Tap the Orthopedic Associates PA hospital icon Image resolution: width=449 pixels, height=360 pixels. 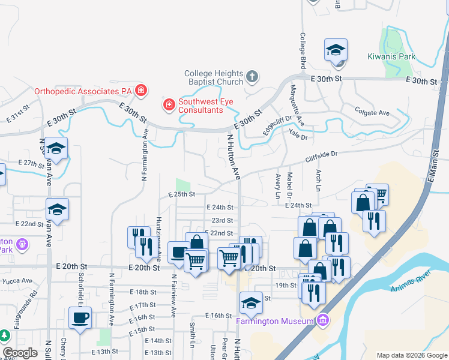coord(140,91)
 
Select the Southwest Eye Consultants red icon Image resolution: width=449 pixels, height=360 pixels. coord(169,106)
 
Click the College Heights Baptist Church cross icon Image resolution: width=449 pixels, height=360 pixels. coord(252,77)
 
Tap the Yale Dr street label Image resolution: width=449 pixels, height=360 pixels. coord(298,135)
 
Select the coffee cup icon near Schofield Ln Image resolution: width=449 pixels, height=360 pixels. coord(82,318)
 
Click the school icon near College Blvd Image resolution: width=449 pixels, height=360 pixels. coord(336,50)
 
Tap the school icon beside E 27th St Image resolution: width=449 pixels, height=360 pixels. coord(56,149)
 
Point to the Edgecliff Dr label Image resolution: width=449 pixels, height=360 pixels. coord(277,124)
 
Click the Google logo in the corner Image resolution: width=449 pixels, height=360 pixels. coord(20,352)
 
